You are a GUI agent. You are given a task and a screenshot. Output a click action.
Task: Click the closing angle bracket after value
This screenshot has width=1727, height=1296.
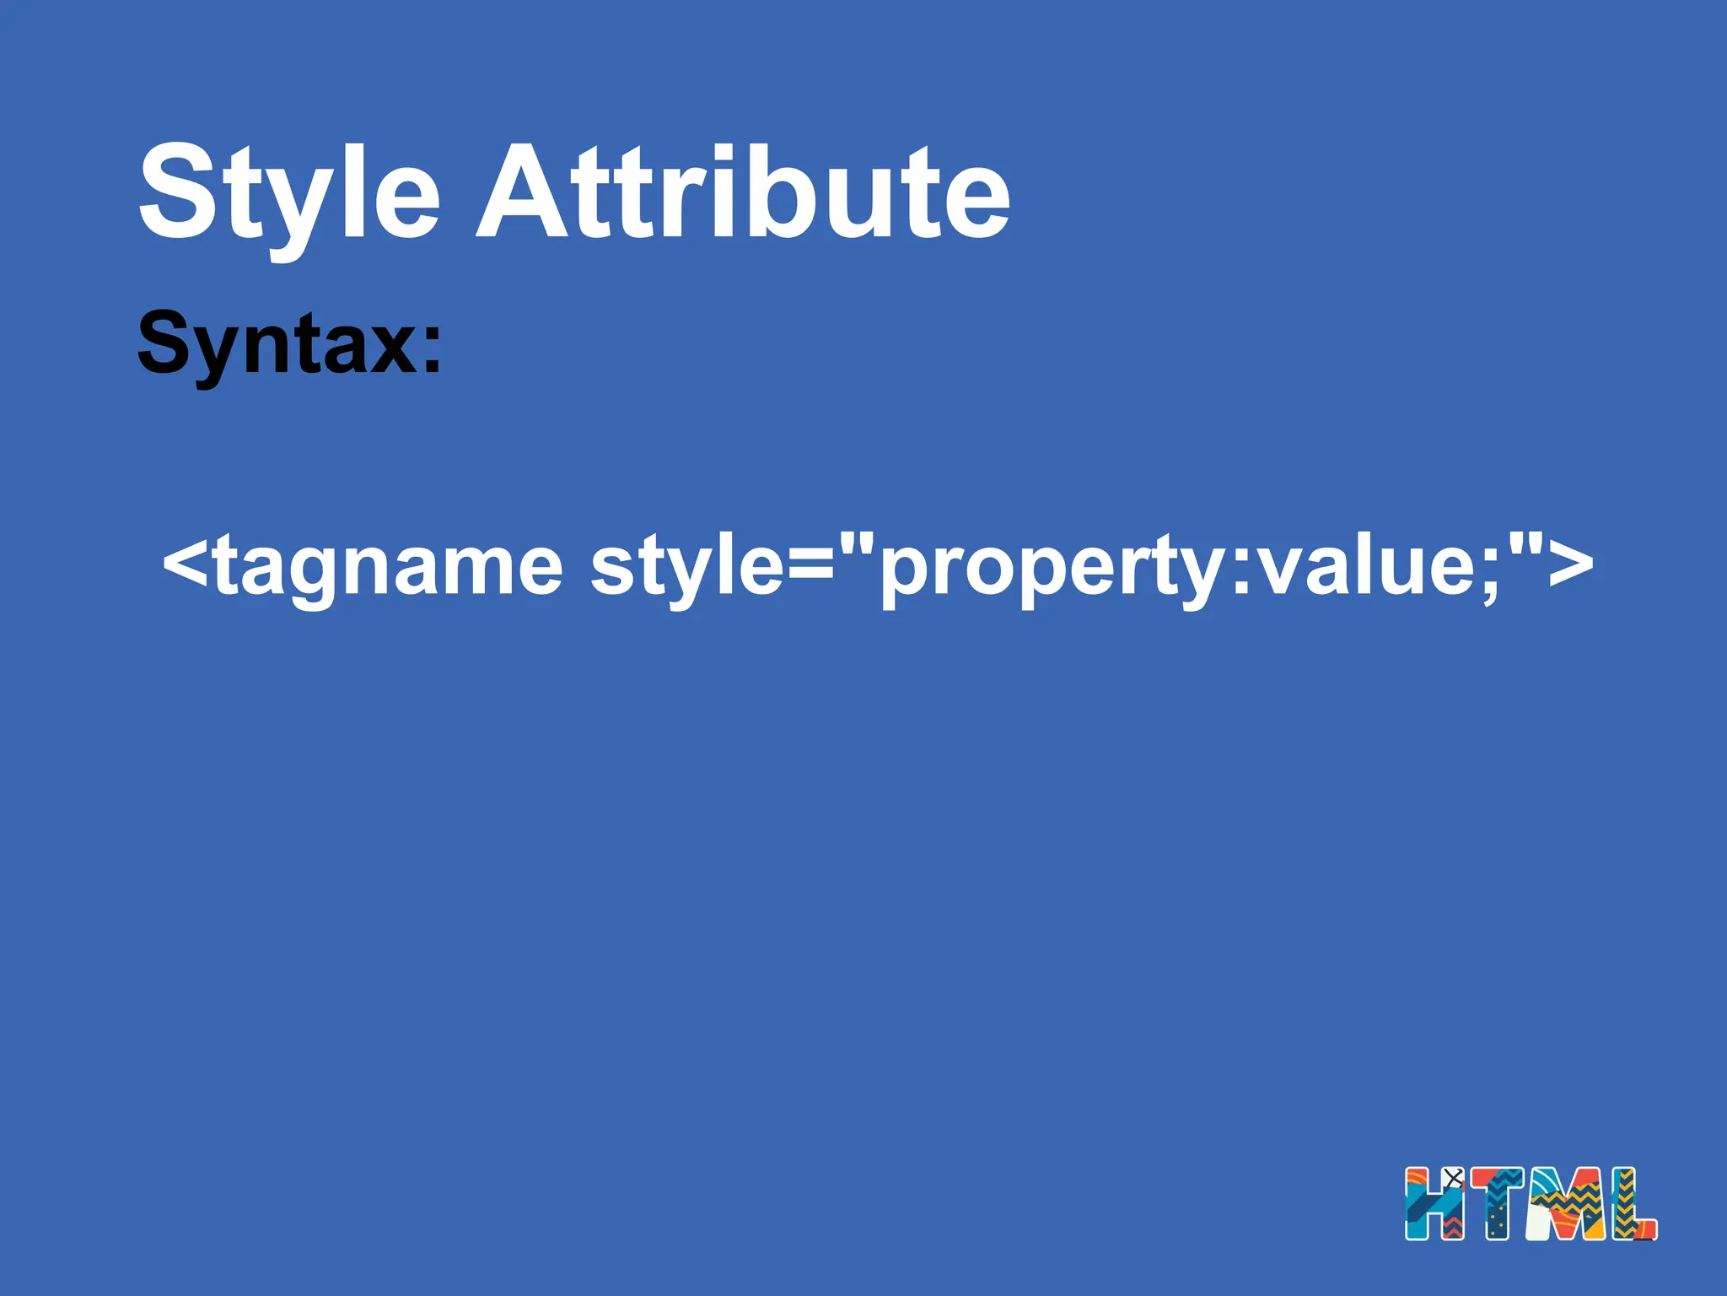(1570, 564)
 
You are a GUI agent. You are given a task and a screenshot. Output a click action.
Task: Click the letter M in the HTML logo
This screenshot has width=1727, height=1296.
(1568, 1203)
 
